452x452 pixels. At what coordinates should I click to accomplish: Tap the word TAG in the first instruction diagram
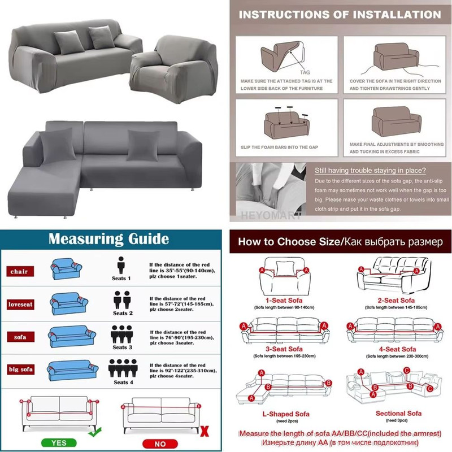(305, 72)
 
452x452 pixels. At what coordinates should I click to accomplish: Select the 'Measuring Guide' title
(108, 238)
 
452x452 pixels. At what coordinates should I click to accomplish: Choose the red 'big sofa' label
(21, 370)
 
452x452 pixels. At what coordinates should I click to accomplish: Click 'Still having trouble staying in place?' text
(370, 171)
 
